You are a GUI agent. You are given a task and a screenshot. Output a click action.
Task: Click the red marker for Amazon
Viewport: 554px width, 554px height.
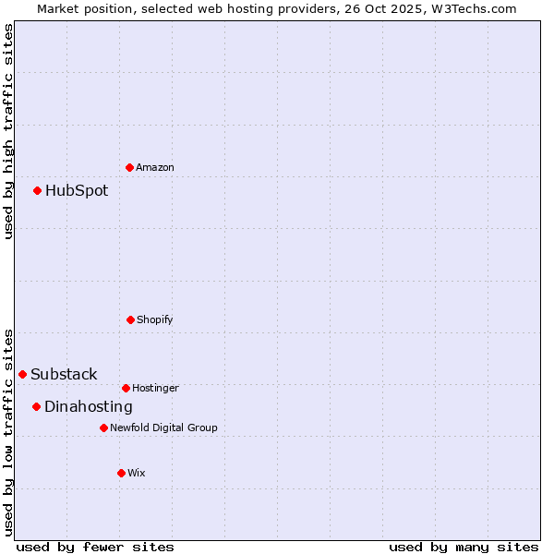[130, 167]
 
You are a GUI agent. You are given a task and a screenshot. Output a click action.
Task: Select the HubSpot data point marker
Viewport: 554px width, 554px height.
[38, 191]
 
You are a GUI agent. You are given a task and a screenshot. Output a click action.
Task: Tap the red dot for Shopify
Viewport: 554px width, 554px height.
[130, 319]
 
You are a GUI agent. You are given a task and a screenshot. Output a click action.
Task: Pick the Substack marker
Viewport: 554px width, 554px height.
[23, 374]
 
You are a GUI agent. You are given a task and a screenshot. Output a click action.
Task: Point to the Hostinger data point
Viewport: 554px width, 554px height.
[126, 388]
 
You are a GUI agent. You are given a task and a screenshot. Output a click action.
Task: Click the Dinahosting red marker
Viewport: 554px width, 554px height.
[37, 406]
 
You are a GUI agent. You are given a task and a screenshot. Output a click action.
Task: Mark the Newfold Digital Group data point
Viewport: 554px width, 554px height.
[103, 428]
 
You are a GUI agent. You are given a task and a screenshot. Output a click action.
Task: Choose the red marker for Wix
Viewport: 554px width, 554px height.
[121, 473]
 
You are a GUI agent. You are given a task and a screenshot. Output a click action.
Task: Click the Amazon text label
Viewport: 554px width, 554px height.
[155, 167]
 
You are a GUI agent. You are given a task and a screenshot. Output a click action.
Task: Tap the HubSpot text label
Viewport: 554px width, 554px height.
[77, 191]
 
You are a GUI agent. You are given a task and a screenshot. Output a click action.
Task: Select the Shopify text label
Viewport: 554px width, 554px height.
[155, 319]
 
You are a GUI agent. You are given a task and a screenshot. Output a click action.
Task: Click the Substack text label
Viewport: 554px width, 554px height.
[64, 374]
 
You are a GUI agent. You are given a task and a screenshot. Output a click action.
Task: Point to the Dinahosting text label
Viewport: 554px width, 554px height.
[89, 406]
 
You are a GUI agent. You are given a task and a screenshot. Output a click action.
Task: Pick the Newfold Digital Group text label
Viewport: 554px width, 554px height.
[164, 428]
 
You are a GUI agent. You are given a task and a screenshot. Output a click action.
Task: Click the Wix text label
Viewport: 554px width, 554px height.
[137, 473]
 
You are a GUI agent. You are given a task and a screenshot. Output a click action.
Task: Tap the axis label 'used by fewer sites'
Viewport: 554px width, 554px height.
[95, 547]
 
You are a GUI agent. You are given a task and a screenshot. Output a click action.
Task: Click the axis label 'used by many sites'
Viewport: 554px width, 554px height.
[464, 547]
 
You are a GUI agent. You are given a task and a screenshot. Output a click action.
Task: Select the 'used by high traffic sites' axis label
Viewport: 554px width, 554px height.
[8, 131]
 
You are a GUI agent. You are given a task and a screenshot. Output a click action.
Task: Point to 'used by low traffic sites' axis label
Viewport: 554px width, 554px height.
[8, 431]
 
